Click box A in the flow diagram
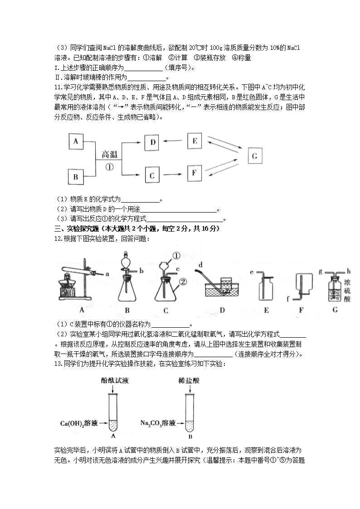click(x=76, y=141)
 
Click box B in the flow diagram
click(x=76, y=177)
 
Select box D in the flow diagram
click(x=153, y=142)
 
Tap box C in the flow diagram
click(x=153, y=175)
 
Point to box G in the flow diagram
click(x=255, y=156)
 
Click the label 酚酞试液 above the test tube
click(x=115, y=380)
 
